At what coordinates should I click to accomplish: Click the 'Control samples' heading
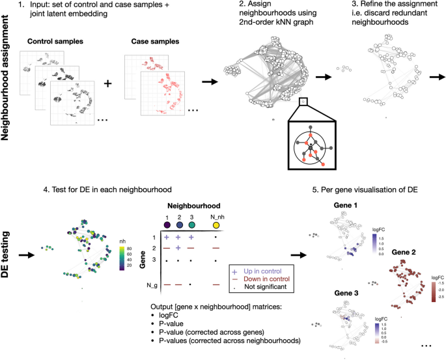56,42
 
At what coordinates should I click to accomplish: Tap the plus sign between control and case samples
108,84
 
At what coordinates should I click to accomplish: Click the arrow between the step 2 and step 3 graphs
322,77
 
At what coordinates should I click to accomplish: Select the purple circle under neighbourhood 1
167,224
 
